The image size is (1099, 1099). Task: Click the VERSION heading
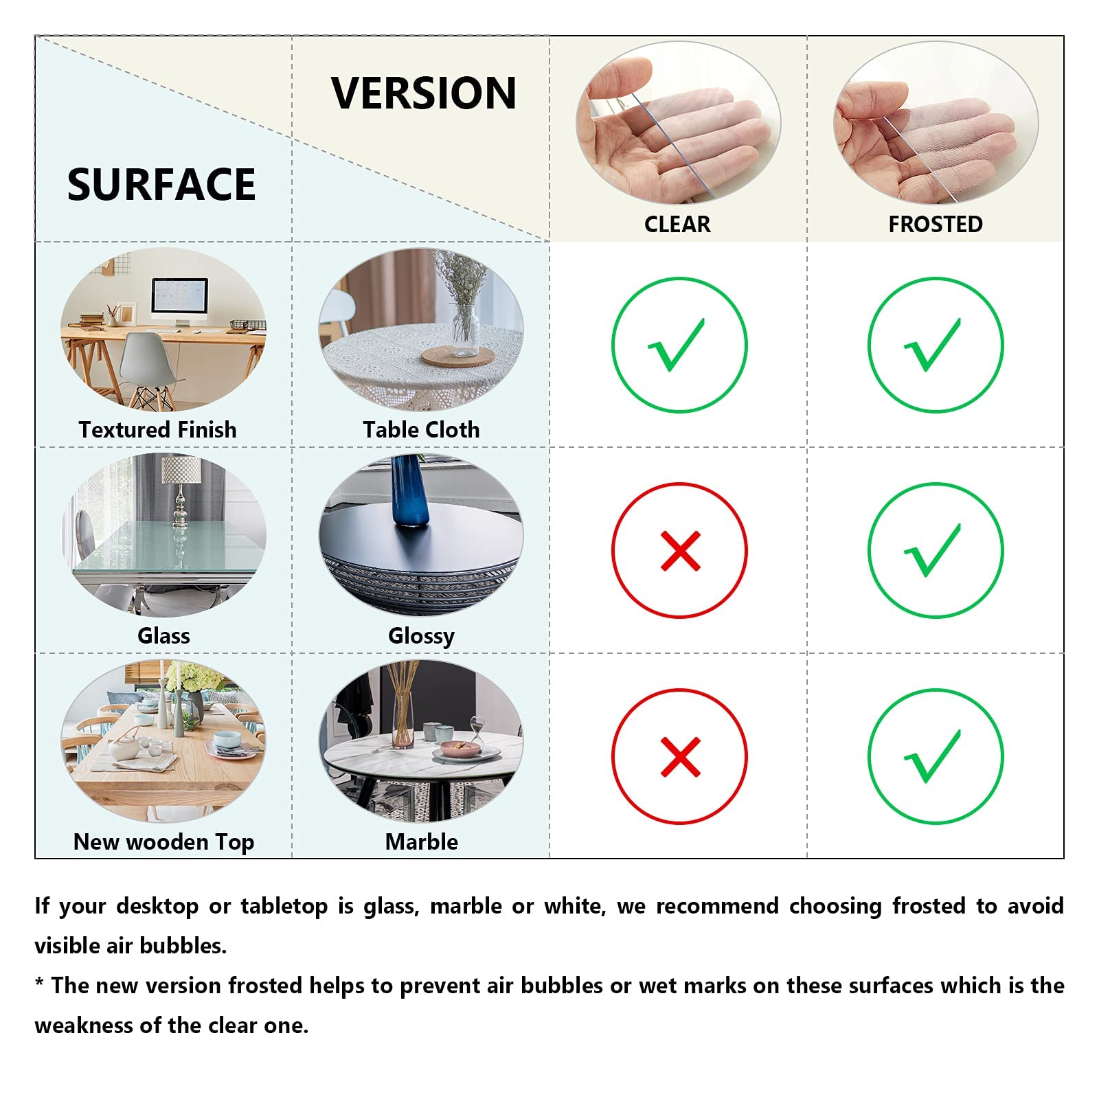click(x=423, y=93)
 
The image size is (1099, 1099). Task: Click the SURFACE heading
click(x=161, y=185)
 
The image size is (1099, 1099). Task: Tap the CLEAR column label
click(x=677, y=225)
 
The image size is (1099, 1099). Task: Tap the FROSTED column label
click(x=935, y=225)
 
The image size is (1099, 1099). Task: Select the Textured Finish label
click(x=157, y=430)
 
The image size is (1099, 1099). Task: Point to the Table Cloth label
click(x=421, y=430)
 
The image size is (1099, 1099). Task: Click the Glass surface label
click(x=163, y=636)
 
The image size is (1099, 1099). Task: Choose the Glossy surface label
click(x=421, y=636)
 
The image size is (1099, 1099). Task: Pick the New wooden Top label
click(x=163, y=842)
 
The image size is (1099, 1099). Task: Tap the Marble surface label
click(x=421, y=842)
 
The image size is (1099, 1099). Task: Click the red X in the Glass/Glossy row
click(x=680, y=551)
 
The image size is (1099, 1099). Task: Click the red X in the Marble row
click(x=680, y=757)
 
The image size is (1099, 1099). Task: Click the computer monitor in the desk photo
click(x=179, y=298)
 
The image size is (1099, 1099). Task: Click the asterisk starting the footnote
click(x=39, y=984)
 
